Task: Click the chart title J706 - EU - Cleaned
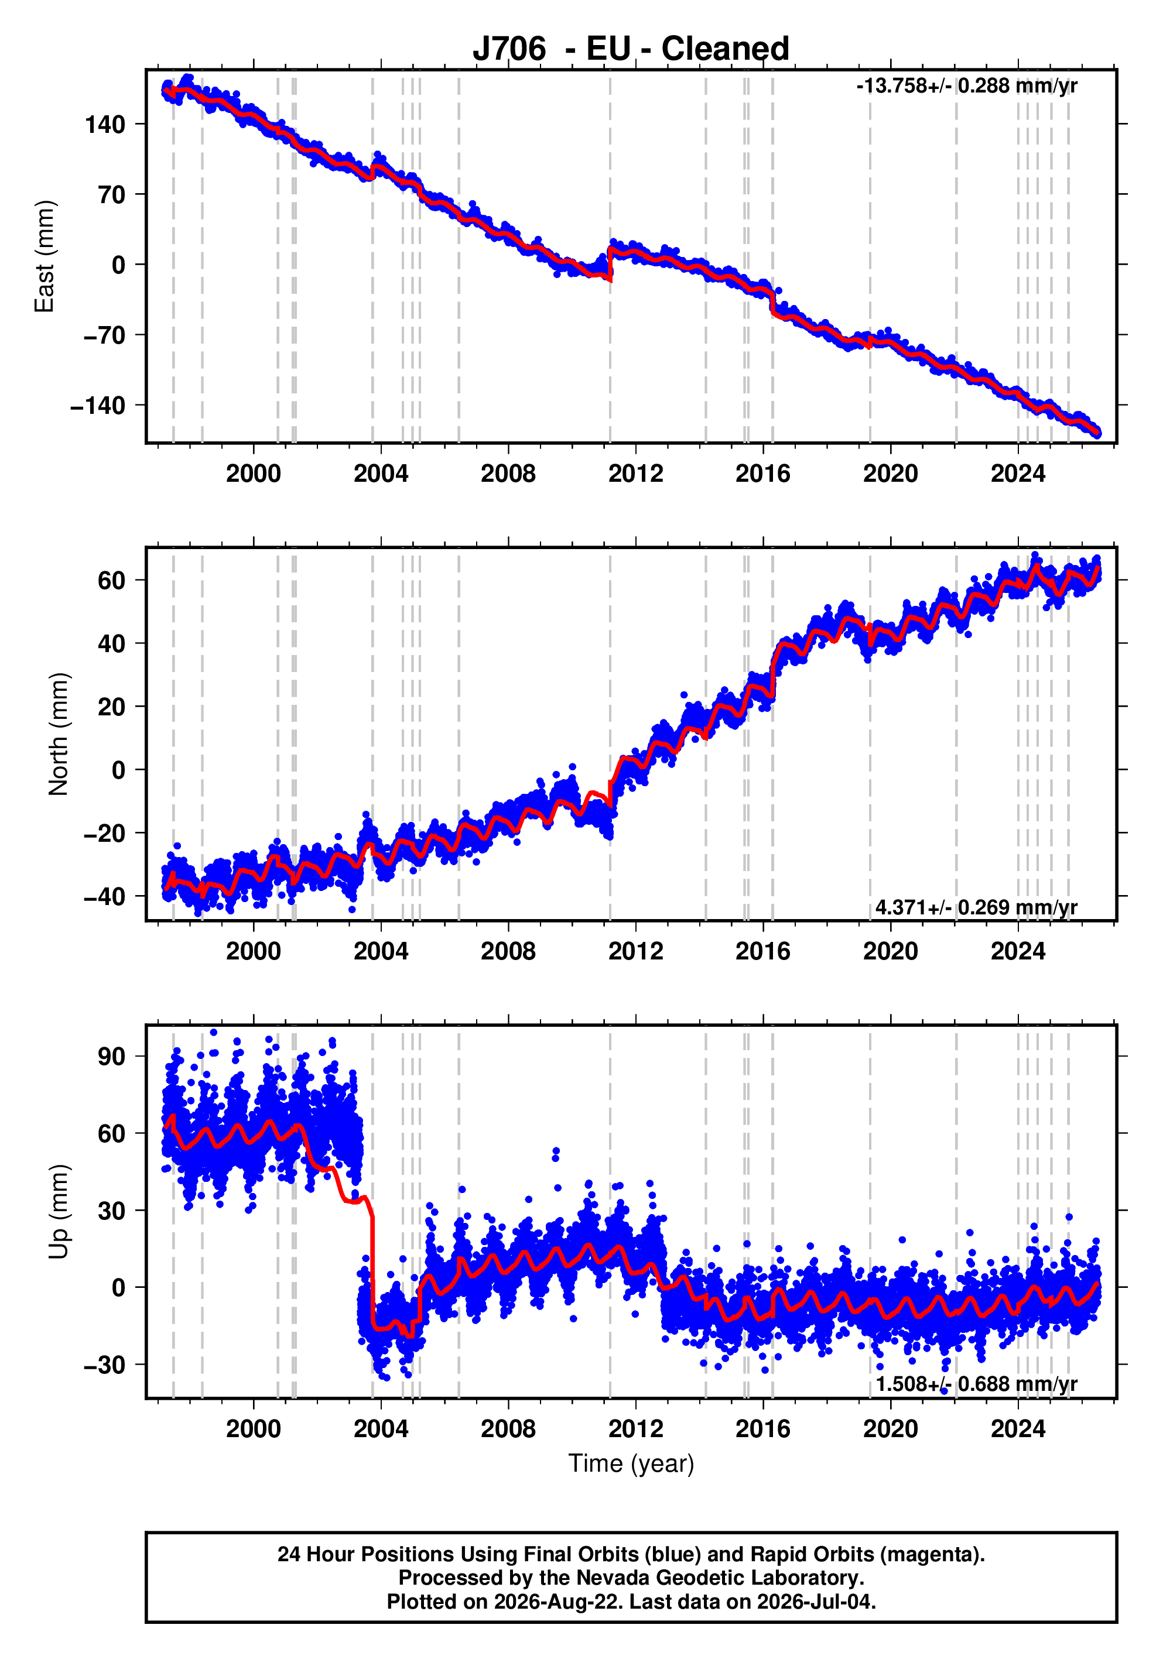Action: pyautogui.click(x=630, y=49)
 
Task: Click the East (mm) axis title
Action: pyautogui.click(x=44, y=256)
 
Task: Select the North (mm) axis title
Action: pyautogui.click(x=59, y=734)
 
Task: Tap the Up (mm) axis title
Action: pyautogui.click(x=59, y=1212)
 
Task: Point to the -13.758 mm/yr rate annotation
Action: pyautogui.click(x=966, y=86)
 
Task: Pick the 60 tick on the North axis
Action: pyautogui.click(x=111, y=580)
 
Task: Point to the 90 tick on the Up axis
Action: pyautogui.click(x=111, y=1057)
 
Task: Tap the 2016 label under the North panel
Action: pyautogui.click(x=762, y=951)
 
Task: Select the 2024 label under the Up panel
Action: pyautogui.click(x=1018, y=1428)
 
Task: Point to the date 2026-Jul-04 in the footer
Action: pyautogui.click(x=816, y=1602)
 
